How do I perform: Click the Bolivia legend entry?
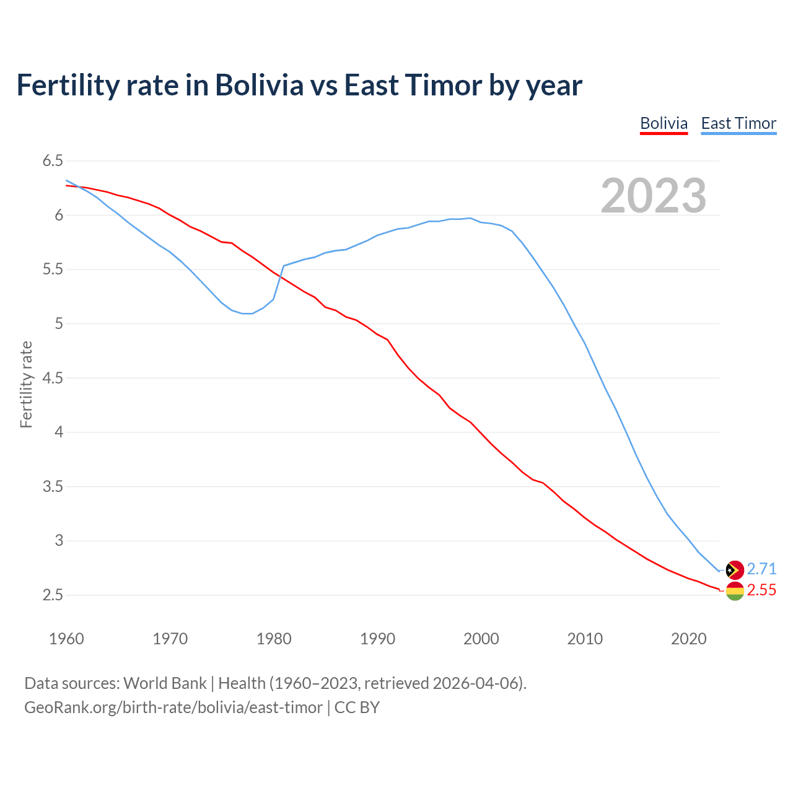[664, 123]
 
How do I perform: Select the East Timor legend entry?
[738, 123]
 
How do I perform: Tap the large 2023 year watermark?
[654, 196]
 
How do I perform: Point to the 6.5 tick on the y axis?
[53, 161]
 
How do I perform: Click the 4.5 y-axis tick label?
[53, 378]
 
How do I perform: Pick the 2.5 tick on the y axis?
[53, 595]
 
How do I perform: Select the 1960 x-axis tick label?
[66, 639]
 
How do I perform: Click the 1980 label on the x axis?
[274, 639]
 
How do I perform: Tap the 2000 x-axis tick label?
[481, 639]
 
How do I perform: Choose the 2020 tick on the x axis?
[688, 639]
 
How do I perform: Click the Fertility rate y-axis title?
[26, 384]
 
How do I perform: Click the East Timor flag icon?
[734, 570]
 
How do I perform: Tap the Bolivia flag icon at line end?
[734, 591]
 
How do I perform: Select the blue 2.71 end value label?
[761, 569]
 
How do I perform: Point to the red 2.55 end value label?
[761, 590]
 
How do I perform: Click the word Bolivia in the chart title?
[259, 85]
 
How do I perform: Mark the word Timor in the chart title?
[442, 85]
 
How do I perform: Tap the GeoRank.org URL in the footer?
[173, 708]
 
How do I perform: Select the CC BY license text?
[357, 708]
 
